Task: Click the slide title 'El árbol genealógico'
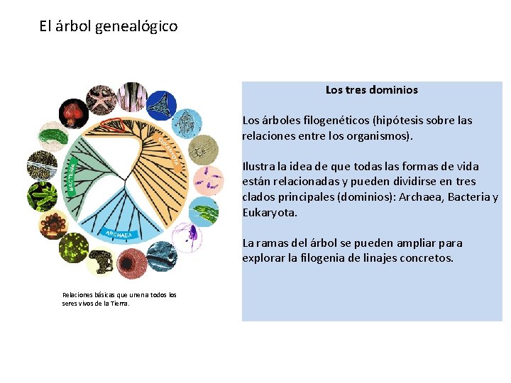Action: pyautogui.click(x=109, y=27)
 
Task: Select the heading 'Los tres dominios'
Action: pyautogui.click(x=371, y=90)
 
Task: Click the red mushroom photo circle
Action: pyautogui.click(x=72, y=111)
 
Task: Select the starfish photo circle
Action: pyautogui.click(x=100, y=99)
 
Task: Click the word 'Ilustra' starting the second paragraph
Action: pyautogui.click(x=259, y=167)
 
